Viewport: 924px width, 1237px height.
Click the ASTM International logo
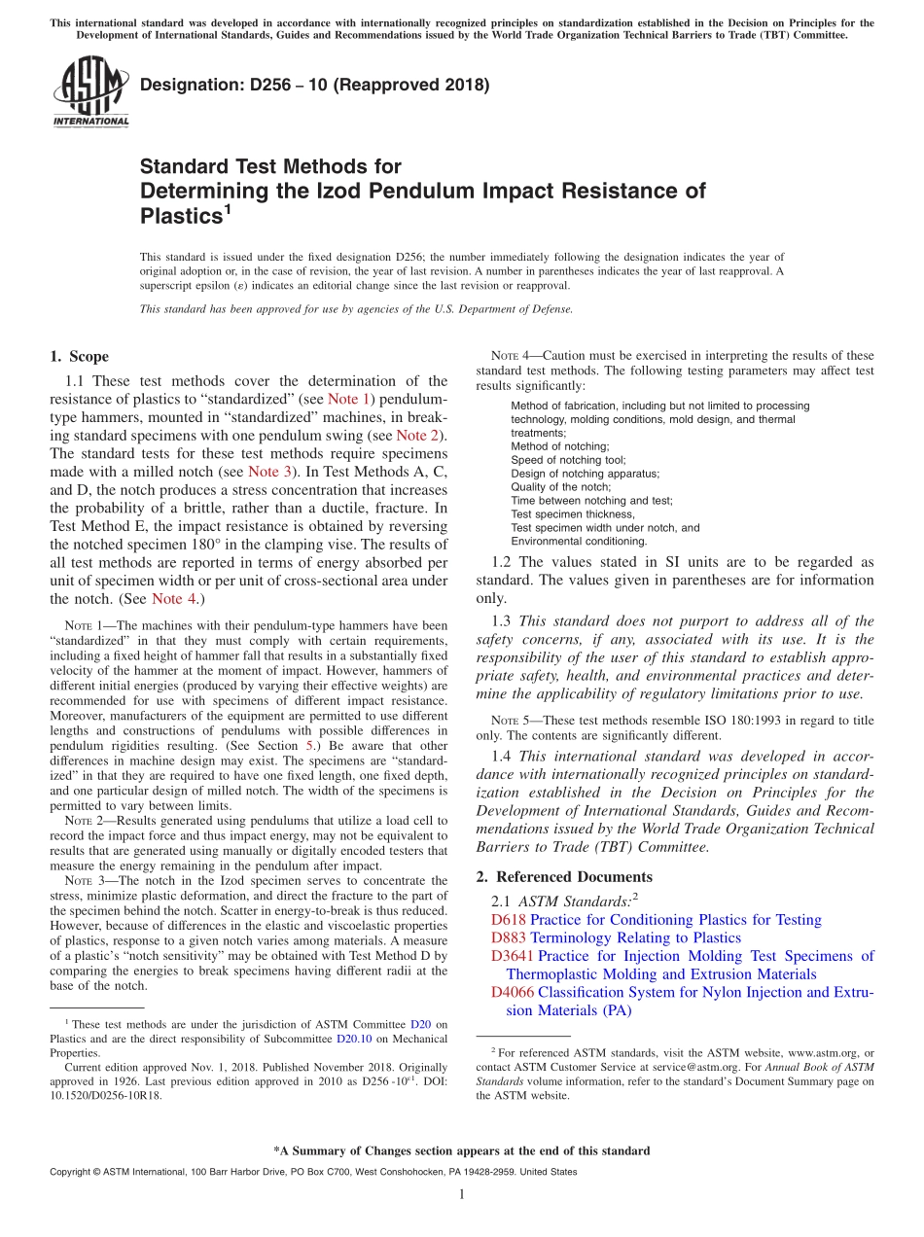tap(89, 91)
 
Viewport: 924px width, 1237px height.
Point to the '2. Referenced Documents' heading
tap(564, 877)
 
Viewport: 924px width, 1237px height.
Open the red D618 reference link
tap(509, 920)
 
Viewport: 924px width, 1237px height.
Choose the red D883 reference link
tap(509, 938)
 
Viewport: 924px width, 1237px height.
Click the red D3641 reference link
tap(514, 957)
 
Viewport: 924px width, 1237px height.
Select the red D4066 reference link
tap(514, 993)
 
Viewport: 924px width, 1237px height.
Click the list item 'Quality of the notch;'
tap(561, 487)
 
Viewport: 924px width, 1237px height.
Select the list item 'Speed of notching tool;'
tap(568, 460)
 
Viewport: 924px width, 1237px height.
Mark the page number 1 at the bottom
tap(461, 1195)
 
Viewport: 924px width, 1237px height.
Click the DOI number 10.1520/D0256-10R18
tap(106, 1095)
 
